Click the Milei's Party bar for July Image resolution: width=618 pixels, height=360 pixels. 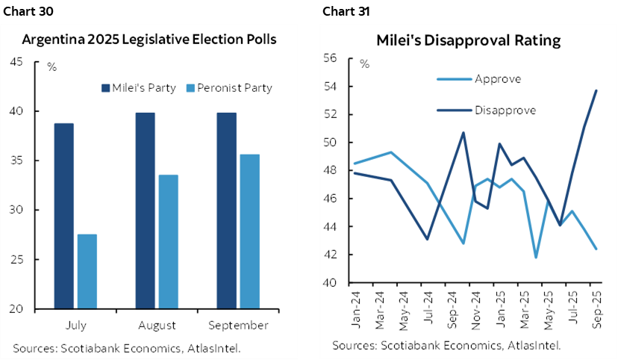(63, 216)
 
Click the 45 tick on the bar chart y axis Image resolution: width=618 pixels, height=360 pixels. (35, 62)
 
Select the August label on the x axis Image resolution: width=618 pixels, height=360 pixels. (157, 326)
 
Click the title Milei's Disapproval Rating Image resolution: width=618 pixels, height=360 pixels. (468, 40)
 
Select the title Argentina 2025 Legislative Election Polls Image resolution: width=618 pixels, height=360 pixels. (149, 40)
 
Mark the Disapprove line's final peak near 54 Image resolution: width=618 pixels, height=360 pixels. (596, 90)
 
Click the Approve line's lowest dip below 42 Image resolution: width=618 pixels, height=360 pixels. (535, 257)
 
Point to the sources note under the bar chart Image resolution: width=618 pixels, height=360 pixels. (126, 347)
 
